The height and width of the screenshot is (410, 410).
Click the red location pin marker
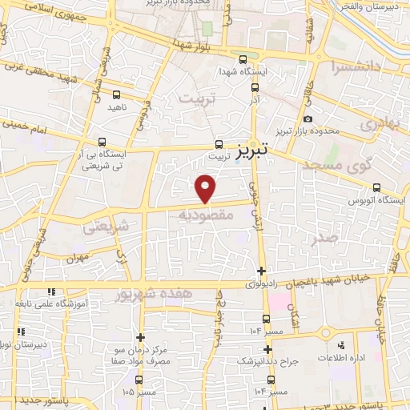tap(207, 187)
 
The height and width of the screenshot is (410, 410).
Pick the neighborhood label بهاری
tap(377, 126)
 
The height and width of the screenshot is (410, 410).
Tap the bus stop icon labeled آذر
tap(255, 89)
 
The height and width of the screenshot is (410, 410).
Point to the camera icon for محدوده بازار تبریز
tap(307, 120)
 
